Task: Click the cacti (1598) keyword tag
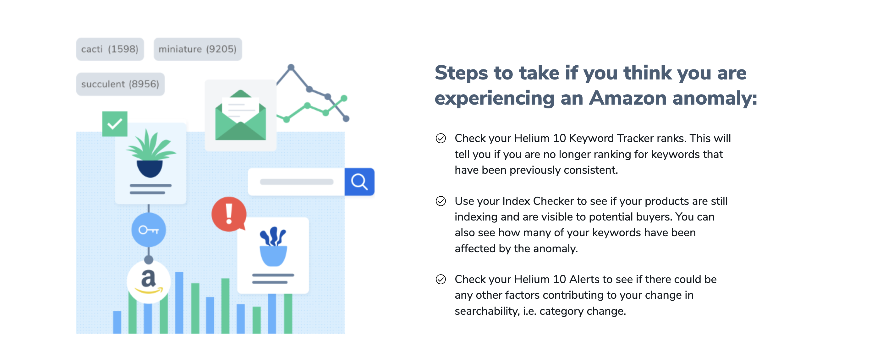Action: coord(110,49)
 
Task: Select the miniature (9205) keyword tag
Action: coord(198,49)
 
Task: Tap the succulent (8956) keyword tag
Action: coord(120,84)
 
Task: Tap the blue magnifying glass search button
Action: coord(359,182)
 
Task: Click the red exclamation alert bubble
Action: coord(229,214)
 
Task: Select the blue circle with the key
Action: coord(149,230)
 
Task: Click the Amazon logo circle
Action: coord(148,281)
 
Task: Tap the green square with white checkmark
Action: coord(115,124)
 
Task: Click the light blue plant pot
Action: coord(273,256)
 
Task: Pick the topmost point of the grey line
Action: coord(291,67)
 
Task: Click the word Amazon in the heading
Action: coord(627,98)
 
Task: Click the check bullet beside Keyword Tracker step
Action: coord(441,138)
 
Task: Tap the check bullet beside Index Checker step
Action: coord(441,201)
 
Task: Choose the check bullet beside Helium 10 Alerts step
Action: coord(441,279)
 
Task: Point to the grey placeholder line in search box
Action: coord(297,182)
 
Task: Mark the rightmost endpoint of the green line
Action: coord(344,98)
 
